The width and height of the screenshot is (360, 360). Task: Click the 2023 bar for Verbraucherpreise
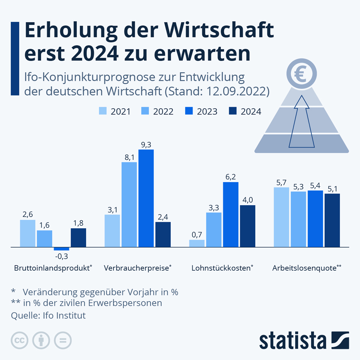[146, 198]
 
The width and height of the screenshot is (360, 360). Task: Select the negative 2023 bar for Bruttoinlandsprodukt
[61, 249]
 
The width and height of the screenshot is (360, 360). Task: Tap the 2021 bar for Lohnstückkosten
[197, 243]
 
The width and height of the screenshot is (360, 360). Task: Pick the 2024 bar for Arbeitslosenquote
[332, 220]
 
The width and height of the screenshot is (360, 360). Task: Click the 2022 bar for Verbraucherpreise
[129, 204]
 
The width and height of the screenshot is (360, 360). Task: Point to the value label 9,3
[146, 145]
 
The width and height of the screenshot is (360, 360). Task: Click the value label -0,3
[62, 256]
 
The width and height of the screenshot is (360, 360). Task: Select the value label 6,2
[231, 177]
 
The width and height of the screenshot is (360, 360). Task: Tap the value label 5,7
[281, 183]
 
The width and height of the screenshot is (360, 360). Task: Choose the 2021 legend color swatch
[103, 111]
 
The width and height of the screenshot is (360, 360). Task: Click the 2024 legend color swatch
[234, 111]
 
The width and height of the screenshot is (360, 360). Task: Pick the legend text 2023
[207, 112]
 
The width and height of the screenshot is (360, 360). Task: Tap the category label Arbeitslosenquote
[305, 268]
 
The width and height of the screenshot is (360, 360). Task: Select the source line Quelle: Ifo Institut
[49, 316]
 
